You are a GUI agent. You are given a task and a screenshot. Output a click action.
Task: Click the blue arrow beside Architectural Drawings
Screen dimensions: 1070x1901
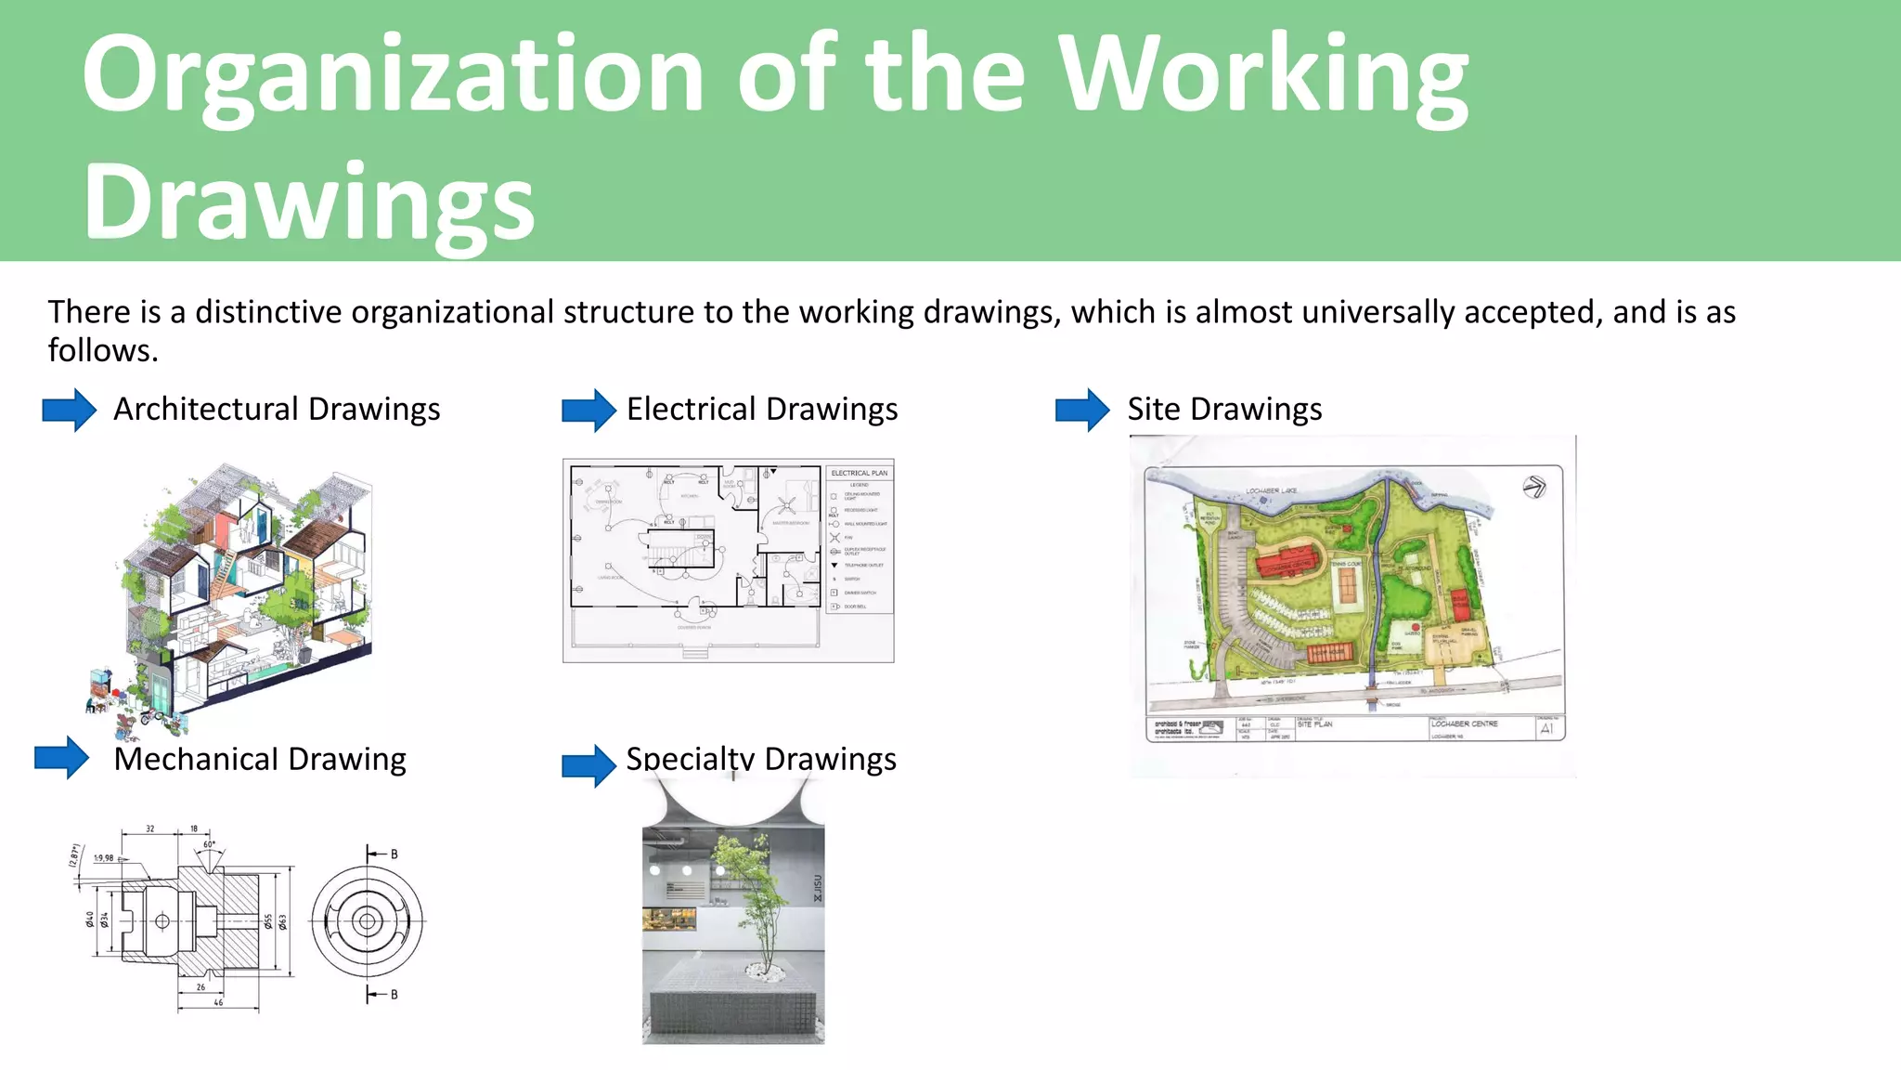(69, 410)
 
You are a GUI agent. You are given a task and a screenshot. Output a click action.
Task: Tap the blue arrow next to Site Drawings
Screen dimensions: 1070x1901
(1081, 410)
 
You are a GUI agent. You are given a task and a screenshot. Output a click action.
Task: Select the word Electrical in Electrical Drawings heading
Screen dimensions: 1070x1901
(691, 410)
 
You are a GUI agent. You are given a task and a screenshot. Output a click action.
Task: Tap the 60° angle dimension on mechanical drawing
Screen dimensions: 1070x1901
(209, 845)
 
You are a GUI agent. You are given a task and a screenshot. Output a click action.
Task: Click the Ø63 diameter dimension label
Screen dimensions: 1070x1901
(282, 921)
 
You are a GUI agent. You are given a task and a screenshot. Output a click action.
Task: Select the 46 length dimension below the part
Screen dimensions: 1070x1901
(218, 1003)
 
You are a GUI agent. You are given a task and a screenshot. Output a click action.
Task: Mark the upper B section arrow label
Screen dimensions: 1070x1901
(394, 854)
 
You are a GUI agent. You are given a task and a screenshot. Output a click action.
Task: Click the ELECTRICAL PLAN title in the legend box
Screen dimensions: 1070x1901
(859, 474)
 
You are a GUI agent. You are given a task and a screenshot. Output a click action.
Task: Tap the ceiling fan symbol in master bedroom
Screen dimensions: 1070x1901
(787, 506)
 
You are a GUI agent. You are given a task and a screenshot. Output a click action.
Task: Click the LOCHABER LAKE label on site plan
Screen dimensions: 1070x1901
(1271, 491)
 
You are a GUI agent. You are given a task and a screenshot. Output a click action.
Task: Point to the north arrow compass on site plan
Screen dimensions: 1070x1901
(1533, 487)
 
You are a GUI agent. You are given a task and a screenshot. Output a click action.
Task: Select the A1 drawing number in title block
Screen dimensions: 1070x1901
(1546, 729)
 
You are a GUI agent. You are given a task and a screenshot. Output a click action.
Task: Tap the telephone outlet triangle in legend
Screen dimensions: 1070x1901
(834, 565)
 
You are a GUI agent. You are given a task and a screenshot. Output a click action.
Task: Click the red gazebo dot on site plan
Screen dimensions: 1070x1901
(1416, 628)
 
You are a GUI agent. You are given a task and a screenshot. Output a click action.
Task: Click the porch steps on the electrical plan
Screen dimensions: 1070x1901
(694, 653)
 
